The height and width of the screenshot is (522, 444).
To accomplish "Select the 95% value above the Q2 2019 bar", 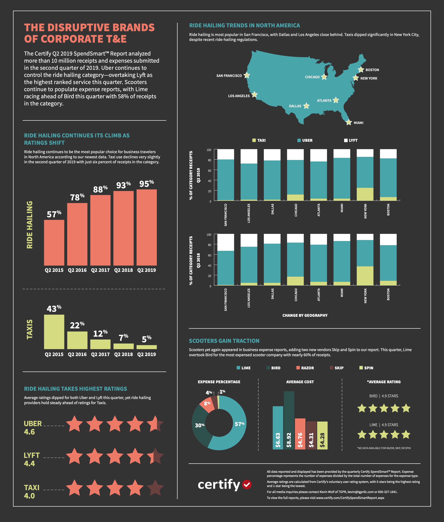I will (x=146, y=184).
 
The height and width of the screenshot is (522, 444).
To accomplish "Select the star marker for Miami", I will (x=349, y=122).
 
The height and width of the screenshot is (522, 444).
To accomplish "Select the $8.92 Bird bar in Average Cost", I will (x=289, y=420).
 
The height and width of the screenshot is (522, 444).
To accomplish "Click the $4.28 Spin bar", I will (x=322, y=435).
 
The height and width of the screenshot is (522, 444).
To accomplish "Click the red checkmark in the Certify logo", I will (x=247, y=484).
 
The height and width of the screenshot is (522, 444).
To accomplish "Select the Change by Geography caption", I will (x=305, y=315).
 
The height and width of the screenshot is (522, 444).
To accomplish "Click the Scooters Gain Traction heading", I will (x=224, y=341).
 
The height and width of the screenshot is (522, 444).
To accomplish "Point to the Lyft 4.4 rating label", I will (x=32, y=459).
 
